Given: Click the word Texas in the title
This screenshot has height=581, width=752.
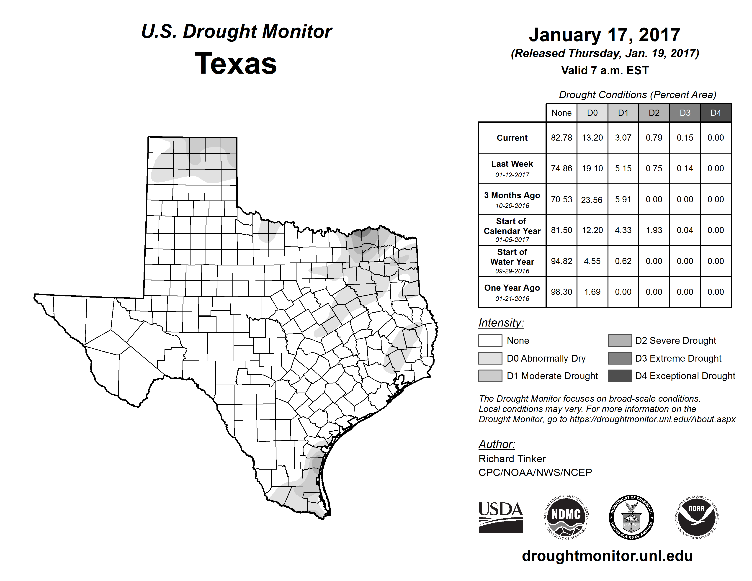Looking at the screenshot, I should [236, 64].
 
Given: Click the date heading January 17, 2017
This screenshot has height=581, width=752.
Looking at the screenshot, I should [604, 35].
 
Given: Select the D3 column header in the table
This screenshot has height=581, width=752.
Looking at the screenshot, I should [685, 113].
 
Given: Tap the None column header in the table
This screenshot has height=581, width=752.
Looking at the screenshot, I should [561, 113].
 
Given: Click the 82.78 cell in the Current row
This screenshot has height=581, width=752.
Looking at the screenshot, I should [561, 138].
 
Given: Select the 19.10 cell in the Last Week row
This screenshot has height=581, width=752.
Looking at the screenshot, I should [592, 168].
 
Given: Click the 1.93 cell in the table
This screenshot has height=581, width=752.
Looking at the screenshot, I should [654, 230].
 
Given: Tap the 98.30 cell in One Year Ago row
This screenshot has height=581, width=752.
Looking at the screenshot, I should [561, 292].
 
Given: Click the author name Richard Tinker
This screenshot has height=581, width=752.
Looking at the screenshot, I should [512, 459].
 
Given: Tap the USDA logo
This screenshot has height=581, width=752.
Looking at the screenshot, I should [501, 517].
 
